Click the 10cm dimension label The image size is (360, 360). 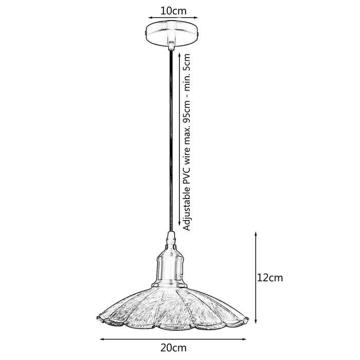pos(173,11)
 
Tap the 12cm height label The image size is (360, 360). pos(269,278)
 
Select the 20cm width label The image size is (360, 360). pos(173,348)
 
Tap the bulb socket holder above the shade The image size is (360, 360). pos(170,266)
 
